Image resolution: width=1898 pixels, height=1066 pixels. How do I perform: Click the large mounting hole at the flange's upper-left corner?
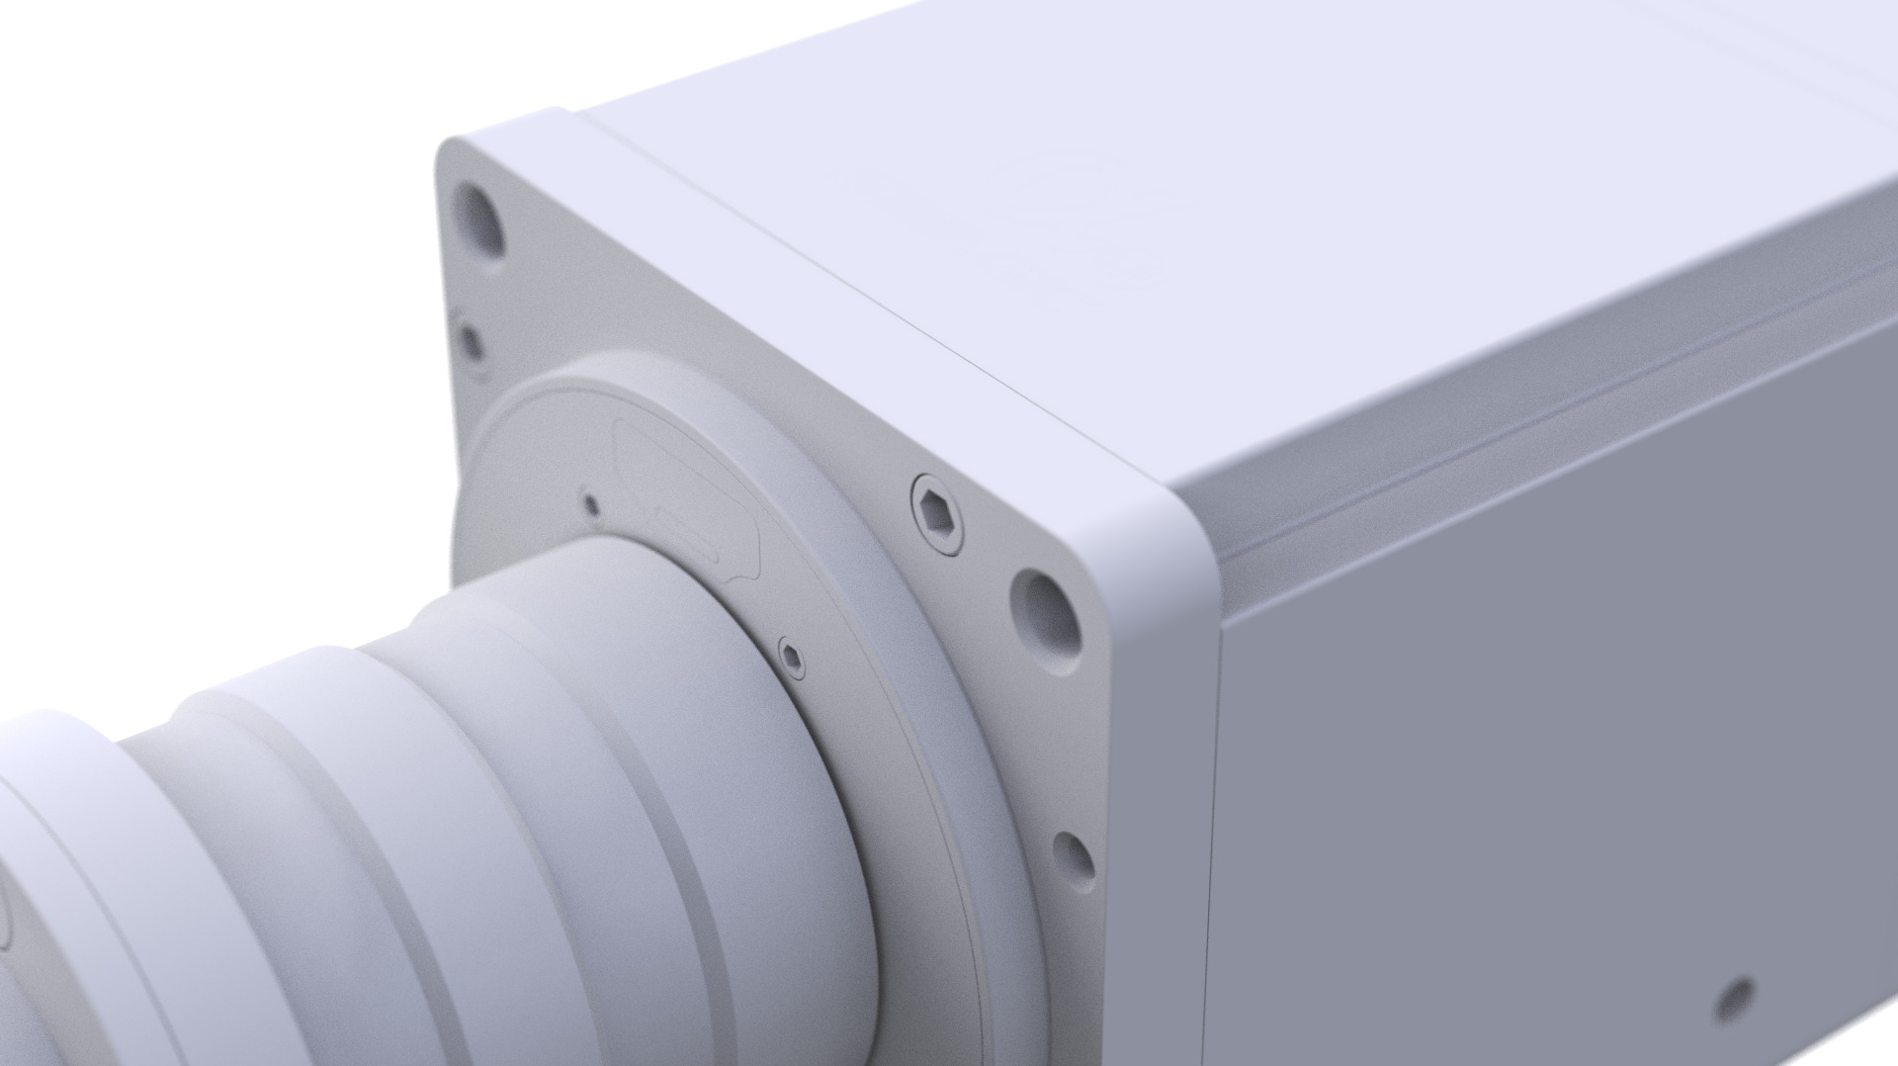click(x=478, y=217)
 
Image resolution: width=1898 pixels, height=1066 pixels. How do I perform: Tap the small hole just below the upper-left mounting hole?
click(x=472, y=342)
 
